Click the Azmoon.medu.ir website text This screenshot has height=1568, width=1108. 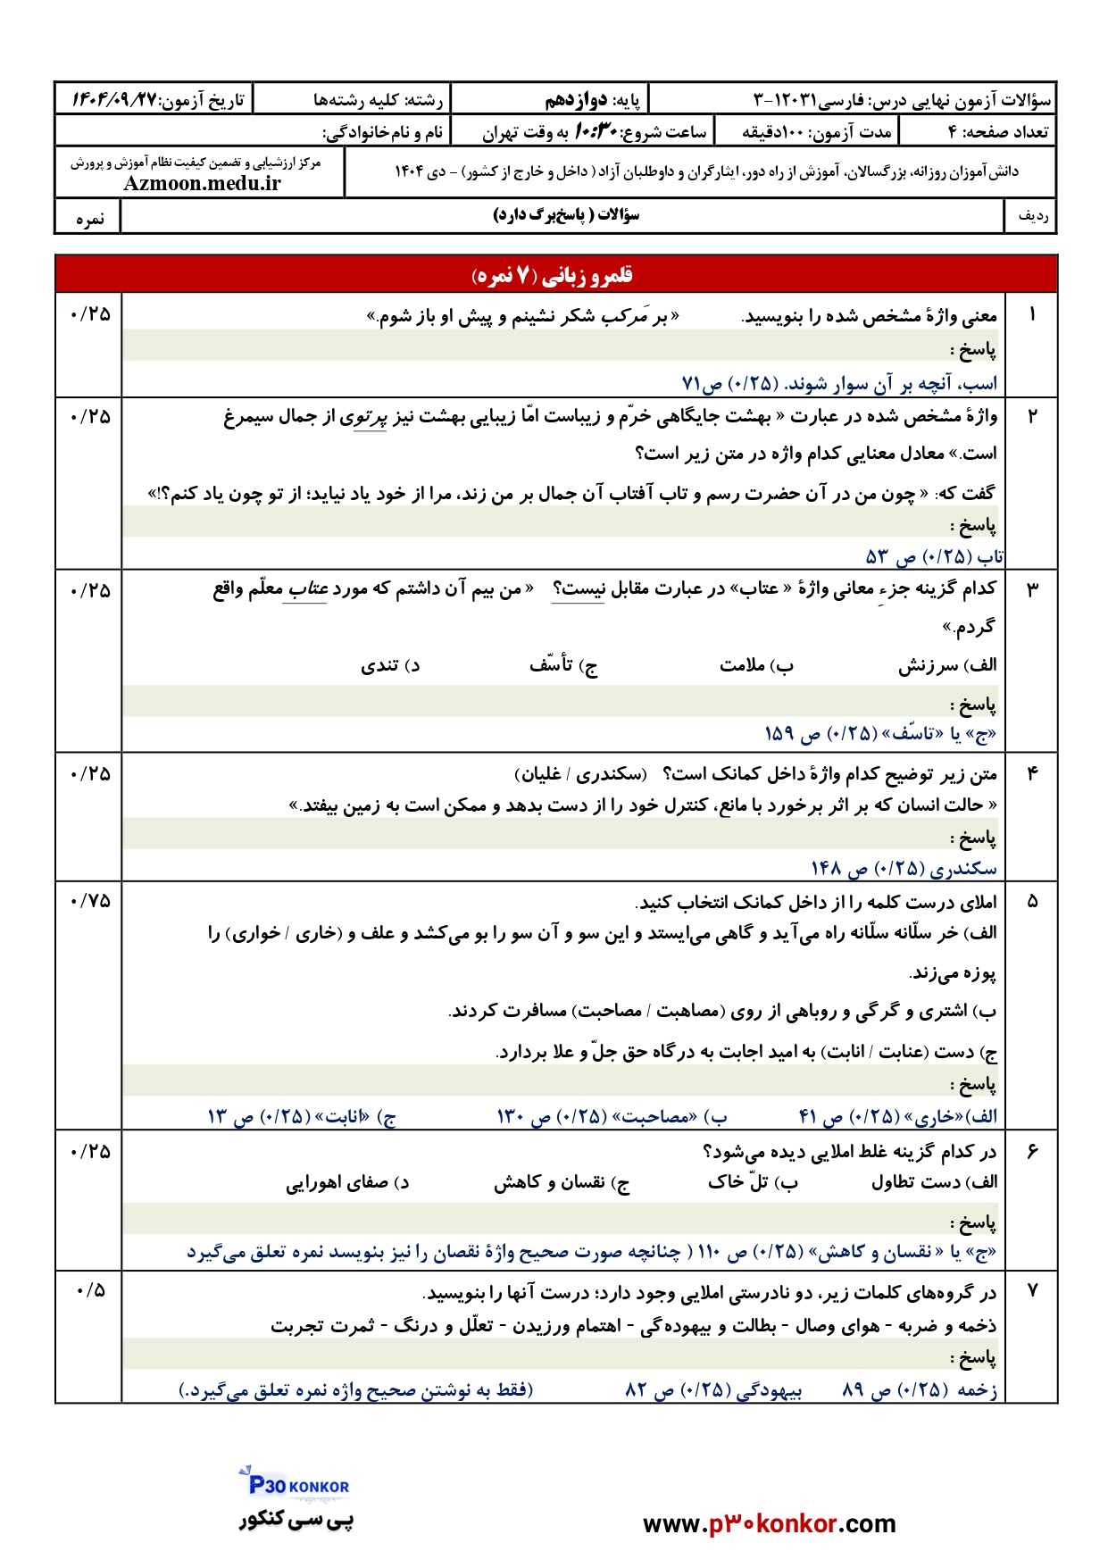pyautogui.click(x=202, y=183)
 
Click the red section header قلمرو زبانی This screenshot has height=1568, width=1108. pyautogui.click(x=554, y=275)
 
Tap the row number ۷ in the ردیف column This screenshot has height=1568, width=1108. pyautogui.click(x=1032, y=1290)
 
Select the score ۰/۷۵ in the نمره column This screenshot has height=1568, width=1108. pyautogui.click(x=89, y=901)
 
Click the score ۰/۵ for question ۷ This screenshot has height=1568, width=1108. pyautogui.click(x=90, y=1290)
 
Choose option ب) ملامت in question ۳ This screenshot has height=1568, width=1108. pyautogui.click(x=756, y=665)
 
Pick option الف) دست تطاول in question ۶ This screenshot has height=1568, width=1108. pyautogui.click(x=934, y=1182)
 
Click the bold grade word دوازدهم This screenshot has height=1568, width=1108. pyautogui.click(x=576, y=100)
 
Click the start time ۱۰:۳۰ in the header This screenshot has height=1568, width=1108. pyautogui.click(x=595, y=132)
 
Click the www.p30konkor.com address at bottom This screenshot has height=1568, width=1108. pyautogui.click(x=769, y=1523)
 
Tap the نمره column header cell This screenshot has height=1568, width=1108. pyautogui.click(x=89, y=218)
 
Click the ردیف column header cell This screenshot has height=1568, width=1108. pyautogui.click(x=1032, y=217)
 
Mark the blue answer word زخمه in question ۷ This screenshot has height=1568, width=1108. pyautogui.click(x=977, y=1389)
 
